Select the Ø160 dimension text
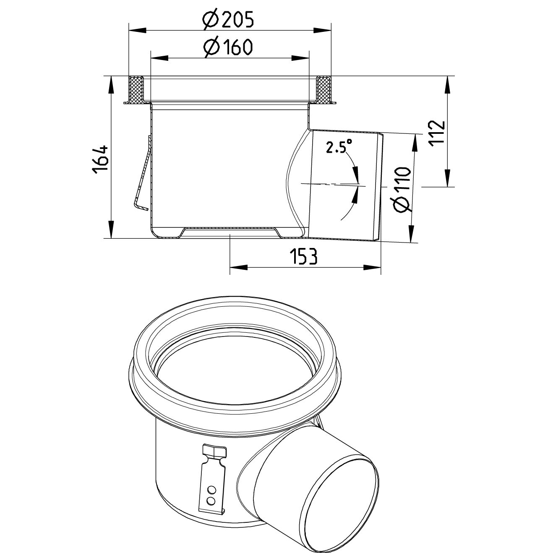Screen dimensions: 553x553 coord(228,47)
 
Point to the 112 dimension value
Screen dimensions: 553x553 coord(437,132)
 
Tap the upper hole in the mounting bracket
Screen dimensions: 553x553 coord(212,490)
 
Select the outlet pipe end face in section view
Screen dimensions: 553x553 coord(381,187)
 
